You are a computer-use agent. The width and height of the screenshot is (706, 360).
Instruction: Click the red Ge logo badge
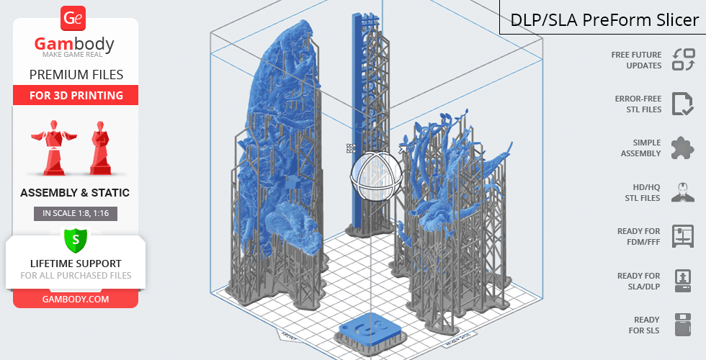pyautogui.click(x=73, y=19)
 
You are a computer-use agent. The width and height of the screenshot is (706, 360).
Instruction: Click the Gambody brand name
pyautogui.click(x=74, y=44)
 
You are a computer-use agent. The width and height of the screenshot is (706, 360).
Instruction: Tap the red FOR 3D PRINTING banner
pyautogui.click(x=76, y=95)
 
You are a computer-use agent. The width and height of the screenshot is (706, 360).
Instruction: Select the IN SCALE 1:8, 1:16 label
pyautogui.click(x=76, y=213)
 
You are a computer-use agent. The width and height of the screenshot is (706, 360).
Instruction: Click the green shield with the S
pyautogui.click(x=76, y=240)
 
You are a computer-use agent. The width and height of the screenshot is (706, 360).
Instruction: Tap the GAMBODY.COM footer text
pyautogui.click(x=76, y=300)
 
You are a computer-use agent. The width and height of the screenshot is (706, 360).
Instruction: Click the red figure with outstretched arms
pyautogui.click(x=53, y=148)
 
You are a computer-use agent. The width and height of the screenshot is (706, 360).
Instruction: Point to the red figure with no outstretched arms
pyautogui.click(x=100, y=148)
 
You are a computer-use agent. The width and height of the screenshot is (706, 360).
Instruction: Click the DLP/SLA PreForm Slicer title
pyautogui.click(x=604, y=20)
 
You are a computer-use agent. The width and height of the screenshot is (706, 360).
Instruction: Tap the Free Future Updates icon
pyautogui.click(x=684, y=60)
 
